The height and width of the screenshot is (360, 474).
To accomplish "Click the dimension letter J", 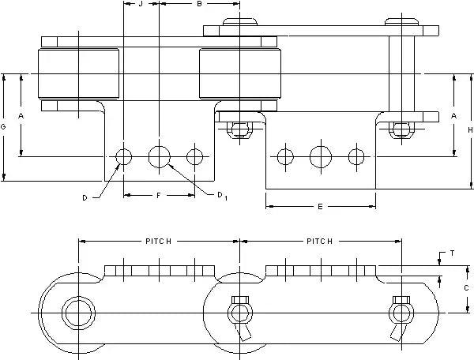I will [x=141, y=5].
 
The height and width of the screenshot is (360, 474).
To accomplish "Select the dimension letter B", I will [x=199, y=5].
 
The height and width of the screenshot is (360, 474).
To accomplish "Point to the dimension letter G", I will [x=4, y=126].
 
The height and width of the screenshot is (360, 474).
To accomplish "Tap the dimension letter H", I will [x=468, y=130].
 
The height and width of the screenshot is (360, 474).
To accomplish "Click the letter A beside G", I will [x=21, y=115].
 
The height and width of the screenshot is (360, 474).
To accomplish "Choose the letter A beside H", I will [x=453, y=115].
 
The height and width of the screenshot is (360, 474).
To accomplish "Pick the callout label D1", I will [x=224, y=195].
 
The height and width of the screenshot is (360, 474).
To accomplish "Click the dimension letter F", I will [x=158, y=194].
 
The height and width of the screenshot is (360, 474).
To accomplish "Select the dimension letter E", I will [x=320, y=207].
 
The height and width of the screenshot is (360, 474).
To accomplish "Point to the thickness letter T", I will [x=451, y=253].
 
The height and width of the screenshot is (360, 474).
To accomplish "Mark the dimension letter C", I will [x=468, y=289].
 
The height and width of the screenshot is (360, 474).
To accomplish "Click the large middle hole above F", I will [x=160, y=156].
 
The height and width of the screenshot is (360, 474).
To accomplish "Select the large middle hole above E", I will [x=321, y=156].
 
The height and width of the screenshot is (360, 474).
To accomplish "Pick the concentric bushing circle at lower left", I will [x=78, y=313].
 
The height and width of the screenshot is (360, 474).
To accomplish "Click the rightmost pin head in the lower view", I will [x=399, y=313].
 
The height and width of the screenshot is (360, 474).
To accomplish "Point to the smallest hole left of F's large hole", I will [x=124, y=156].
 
